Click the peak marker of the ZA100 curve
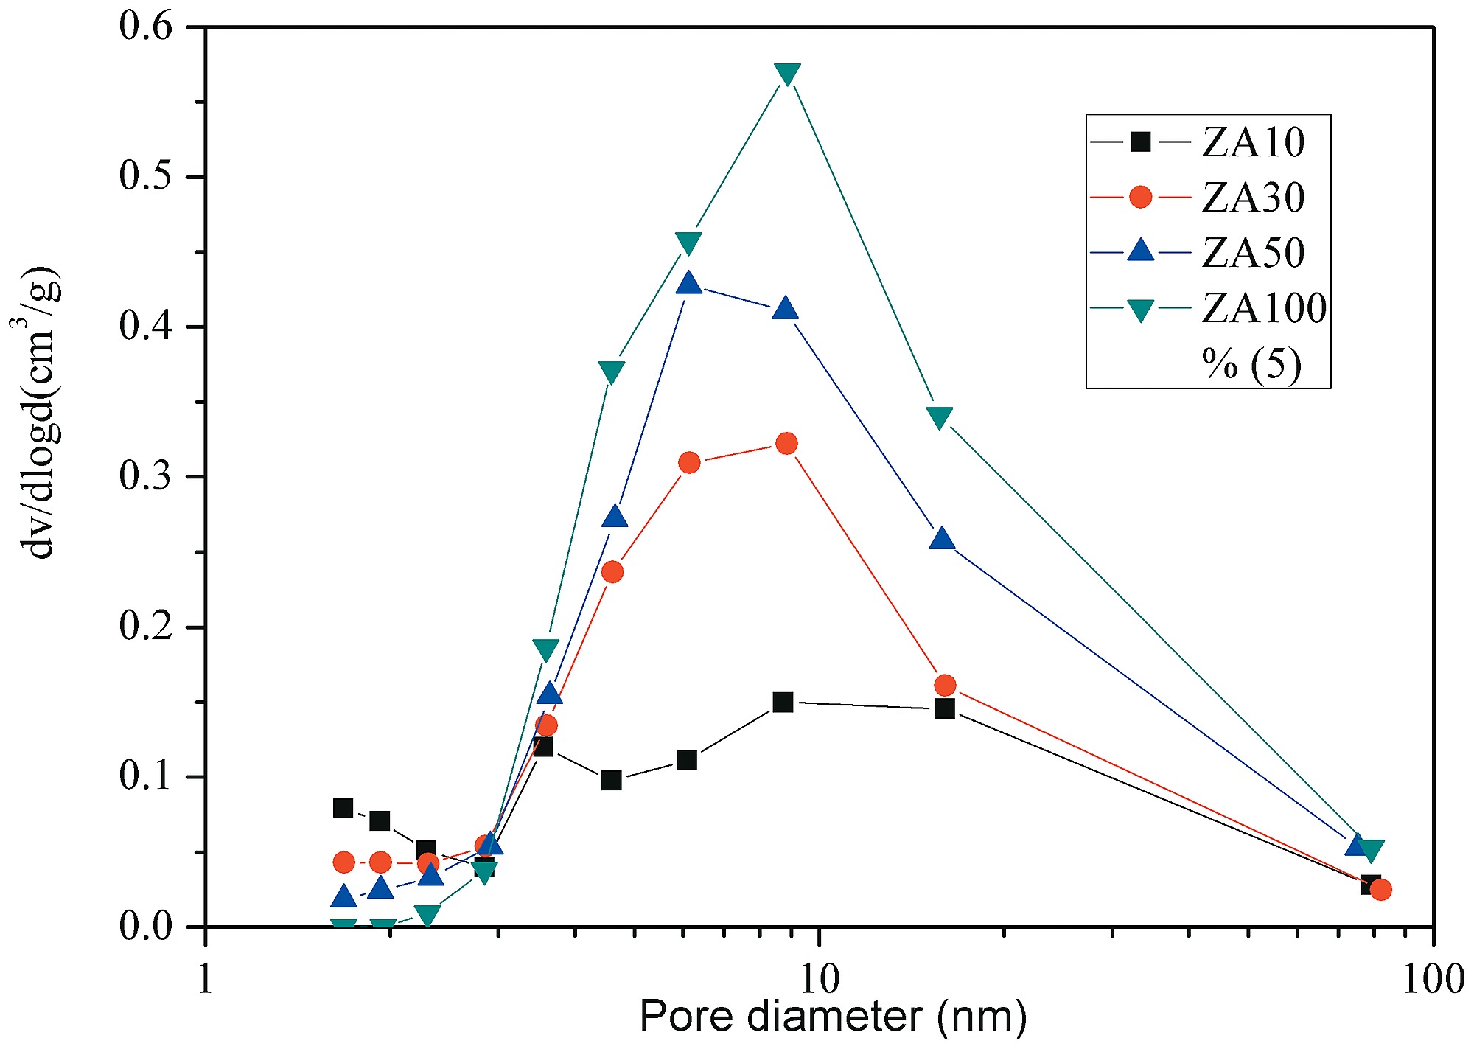click(787, 74)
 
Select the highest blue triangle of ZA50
click(688, 283)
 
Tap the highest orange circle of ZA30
click(786, 444)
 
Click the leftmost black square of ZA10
click(343, 808)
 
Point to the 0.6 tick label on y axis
click(145, 27)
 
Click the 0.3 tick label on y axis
click(145, 477)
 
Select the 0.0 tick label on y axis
click(145, 927)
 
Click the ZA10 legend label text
click(1253, 142)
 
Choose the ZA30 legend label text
click(1253, 198)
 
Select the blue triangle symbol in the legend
click(1140, 251)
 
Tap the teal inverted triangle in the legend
click(1140, 310)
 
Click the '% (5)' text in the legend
click(1251, 363)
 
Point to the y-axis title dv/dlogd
click(38, 413)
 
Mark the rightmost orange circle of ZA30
click(1380, 890)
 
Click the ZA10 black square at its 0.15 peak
click(783, 702)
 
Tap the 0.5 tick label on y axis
click(145, 177)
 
